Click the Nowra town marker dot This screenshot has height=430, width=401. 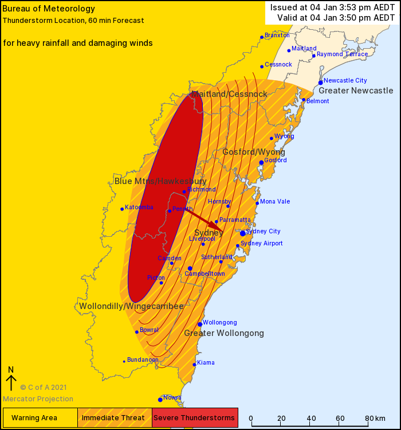pyautogui.click(x=160, y=400)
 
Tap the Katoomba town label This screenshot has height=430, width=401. pyautogui.click(x=139, y=208)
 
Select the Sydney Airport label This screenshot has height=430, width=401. pyautogui.click(x=261, y=243)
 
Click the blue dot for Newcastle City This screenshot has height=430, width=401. pyautogui.click(x=321, y=83)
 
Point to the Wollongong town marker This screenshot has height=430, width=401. pyautogui.click(x=200, y=325)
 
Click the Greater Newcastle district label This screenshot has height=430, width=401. pyautogui.click(x=356, y=91)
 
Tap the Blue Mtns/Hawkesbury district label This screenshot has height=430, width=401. pyautogui.click(x=160, y=181)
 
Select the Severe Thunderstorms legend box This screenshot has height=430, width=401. pyautogui.click(x=195, y=417)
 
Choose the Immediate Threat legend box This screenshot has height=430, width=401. pyautogui.click(x=115, y=417)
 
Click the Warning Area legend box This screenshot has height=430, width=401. pyautogui.click(x=40, y=417)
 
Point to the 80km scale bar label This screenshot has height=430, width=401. pyautogui.click(x=375, y=418)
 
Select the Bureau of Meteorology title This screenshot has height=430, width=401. pyautogui.click(x=41, y=9)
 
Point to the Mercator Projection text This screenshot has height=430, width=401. pyautogui.click(x=38, y=399)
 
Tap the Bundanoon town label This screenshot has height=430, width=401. pyautogui.click(x=143, y=359)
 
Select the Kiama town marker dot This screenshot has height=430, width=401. pyautogui.click(x=194, y=365)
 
